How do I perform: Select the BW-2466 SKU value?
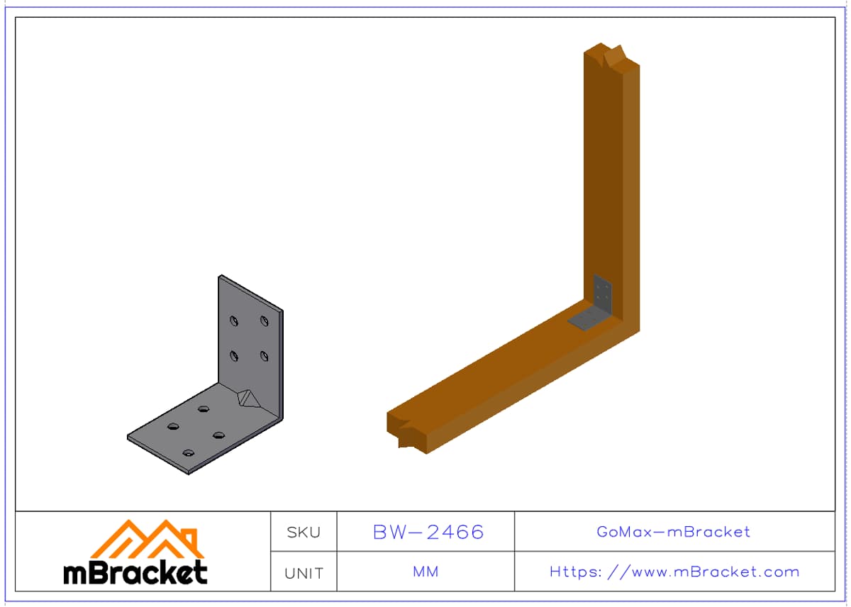point(428,532)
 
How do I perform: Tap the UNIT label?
point(304,573)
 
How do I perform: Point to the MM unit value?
point(425,572)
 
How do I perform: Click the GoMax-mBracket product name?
point(673,532)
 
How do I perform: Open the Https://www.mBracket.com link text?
point(674,572)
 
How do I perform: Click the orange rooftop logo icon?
point(148,539)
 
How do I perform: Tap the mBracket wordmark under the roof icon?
point(135,572)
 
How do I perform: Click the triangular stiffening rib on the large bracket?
point(248,399)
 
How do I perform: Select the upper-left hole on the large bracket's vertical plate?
point(234,321)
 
